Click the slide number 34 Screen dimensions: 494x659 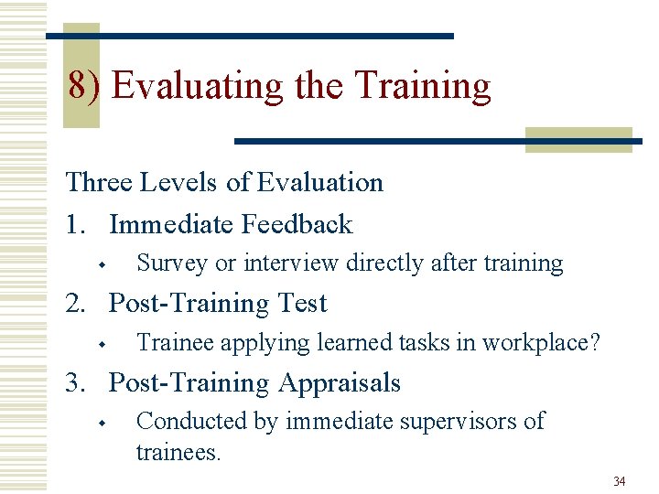pos(619,481)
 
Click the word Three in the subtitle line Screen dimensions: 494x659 pos(99,182)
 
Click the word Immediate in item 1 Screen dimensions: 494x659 pos(171,224)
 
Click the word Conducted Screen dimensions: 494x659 pos(185,421)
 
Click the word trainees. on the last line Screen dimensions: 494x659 pos(178,452)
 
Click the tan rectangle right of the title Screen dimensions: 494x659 pos(578,139)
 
